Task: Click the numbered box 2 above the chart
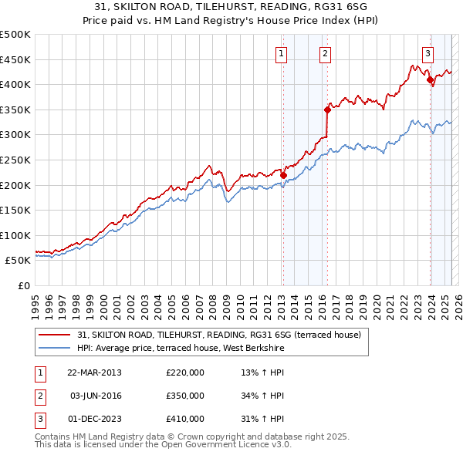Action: (325, 54)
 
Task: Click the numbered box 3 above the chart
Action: (427, 54)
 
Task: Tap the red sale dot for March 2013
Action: (283, 175)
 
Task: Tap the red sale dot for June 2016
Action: (327, 110)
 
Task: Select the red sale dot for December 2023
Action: (429, 79)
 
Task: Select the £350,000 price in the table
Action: (185, 396)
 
